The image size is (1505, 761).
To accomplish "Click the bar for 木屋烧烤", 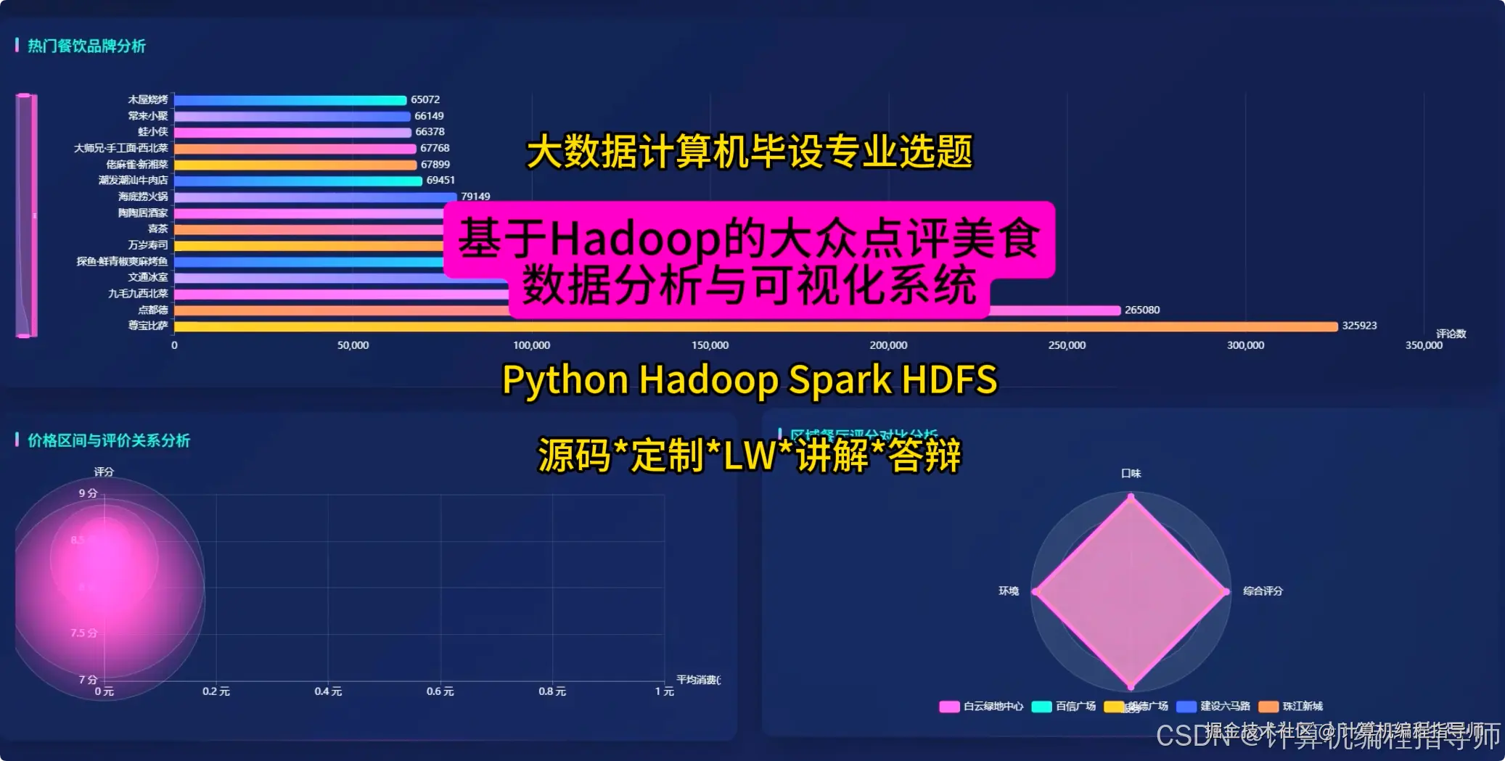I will point(290,100).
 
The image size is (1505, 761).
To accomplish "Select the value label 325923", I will point(1358,326).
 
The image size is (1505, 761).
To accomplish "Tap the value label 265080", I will point(1141,310).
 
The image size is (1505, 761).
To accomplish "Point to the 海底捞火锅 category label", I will point(143,197).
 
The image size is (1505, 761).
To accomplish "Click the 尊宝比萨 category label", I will point(148,326).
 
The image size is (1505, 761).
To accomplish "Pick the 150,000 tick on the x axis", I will point(710,345).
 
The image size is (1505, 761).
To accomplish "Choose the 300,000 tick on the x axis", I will point(1245,345).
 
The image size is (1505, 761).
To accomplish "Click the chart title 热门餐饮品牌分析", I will point(86,46).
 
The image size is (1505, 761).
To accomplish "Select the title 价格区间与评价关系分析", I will point(109,441).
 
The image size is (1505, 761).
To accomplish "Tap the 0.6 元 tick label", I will point(440,691).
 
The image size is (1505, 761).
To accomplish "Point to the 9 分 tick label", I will point(88,493).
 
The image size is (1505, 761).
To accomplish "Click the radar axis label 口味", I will point(1131,474).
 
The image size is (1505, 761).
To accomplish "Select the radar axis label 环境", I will point(1008,591).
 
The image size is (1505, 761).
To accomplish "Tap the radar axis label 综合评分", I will point(1263,591).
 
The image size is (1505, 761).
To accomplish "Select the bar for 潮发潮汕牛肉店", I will point(298,181).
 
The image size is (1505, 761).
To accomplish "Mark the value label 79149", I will point(475,197).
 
